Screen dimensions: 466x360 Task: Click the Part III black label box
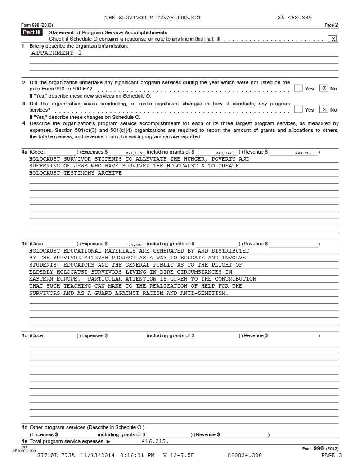[31, 32]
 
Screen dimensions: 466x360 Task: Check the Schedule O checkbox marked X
[333, 39]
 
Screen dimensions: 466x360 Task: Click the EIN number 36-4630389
[295, 18]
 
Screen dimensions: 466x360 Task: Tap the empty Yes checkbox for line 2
[298, 88]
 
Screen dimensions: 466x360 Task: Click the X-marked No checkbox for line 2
[323, 88]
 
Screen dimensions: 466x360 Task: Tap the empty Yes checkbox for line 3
[298, 109]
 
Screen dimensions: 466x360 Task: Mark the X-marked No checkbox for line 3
[323, 109]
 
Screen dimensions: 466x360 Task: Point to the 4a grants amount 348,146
[225, 153]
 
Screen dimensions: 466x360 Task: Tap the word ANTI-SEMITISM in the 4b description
[204, 294]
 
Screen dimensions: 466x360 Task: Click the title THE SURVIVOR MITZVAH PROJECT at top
[153, 18]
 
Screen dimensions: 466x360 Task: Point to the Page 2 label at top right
[332, 25]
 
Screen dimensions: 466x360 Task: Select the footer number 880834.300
[244, 455]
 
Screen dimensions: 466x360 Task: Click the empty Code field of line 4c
[61, 336]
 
